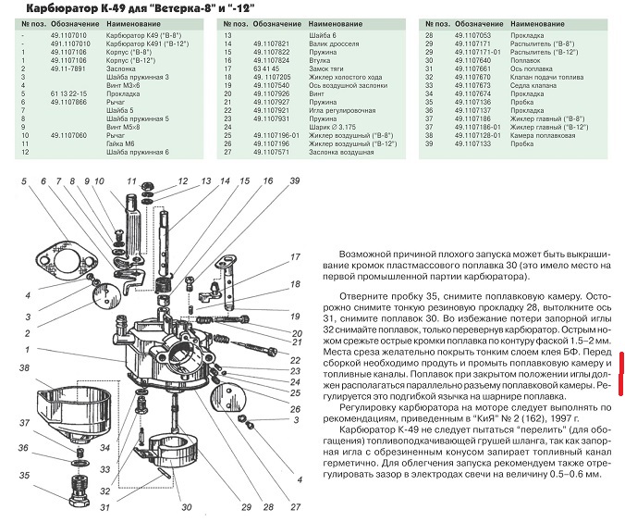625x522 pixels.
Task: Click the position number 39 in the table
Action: click(x=429, y=143)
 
